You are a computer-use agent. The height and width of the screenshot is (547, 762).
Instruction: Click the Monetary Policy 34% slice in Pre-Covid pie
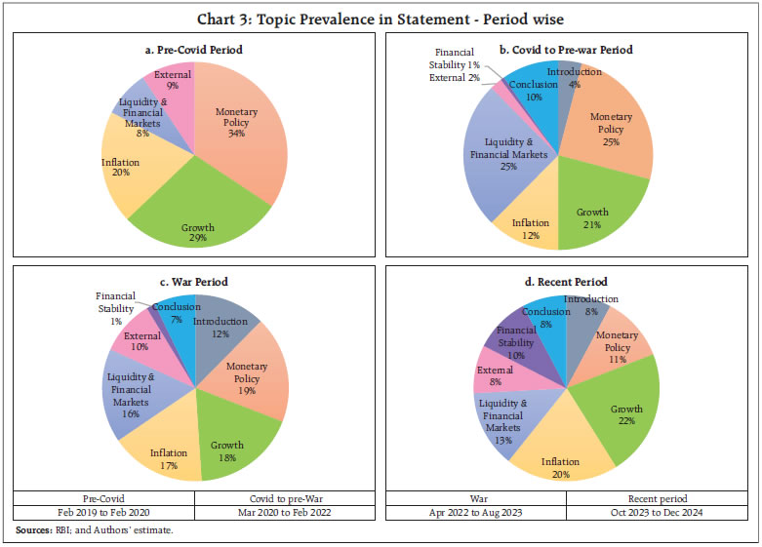(x=244, y=137)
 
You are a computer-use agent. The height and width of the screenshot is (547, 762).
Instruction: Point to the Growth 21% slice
(x=595, y=210)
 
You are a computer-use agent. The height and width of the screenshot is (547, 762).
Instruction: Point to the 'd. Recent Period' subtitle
(x=570, y=283)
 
